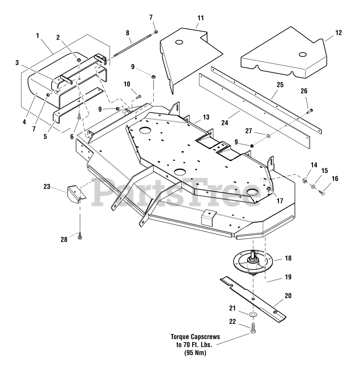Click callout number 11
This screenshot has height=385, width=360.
pos(201,18)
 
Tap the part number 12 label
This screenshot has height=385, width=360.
pos(338,32)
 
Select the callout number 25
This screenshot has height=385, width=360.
pos(280,85)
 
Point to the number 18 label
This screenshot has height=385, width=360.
pos(288,258)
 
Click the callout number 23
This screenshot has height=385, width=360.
pos(47,187)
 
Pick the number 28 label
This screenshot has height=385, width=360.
pos(64,240)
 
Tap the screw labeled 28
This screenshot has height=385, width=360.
pos(79,236)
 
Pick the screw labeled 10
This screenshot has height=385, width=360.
pos(139,96)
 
